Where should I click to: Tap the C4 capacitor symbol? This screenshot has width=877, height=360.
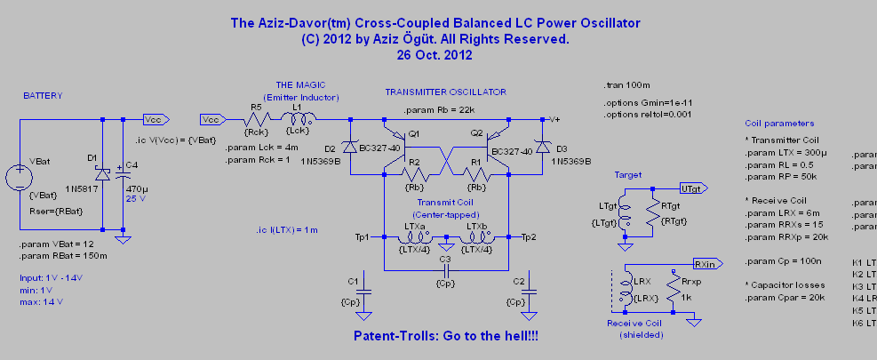click(x=125, y=176)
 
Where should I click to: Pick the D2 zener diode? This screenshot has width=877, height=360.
click(x=350, y=147)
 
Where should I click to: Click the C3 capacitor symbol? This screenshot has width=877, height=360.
click(x=446, y=268)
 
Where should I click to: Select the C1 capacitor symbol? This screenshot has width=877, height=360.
click(x=362, y=290)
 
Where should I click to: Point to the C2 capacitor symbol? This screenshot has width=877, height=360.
click(x=530, y=290)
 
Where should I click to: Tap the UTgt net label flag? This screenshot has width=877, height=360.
click(x=692, y=188)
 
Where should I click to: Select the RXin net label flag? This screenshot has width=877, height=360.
click(x=707, y=264)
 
